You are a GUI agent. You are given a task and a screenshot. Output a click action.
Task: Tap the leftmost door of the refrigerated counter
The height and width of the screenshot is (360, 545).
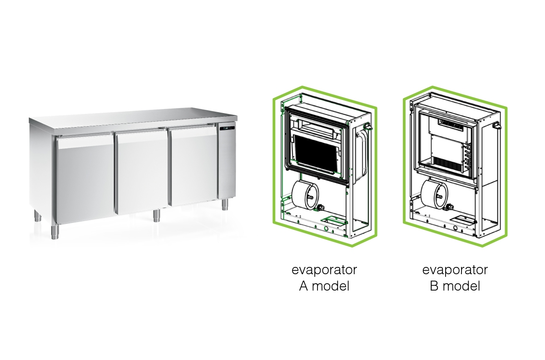(x=84, y=179)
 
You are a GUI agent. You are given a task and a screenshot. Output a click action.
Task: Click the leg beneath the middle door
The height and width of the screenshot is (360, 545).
(x=156, y=215)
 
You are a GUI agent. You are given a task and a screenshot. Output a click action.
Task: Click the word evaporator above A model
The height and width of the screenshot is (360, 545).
(x=324, y=270)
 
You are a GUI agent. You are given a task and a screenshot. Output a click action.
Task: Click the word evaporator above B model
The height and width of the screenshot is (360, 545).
(x=455, y=270)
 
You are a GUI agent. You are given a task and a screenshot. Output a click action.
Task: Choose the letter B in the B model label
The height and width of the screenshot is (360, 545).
(x=435, y=286)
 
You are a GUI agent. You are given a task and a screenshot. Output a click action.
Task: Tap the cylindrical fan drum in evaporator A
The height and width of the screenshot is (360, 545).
(x=304, y=196)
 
